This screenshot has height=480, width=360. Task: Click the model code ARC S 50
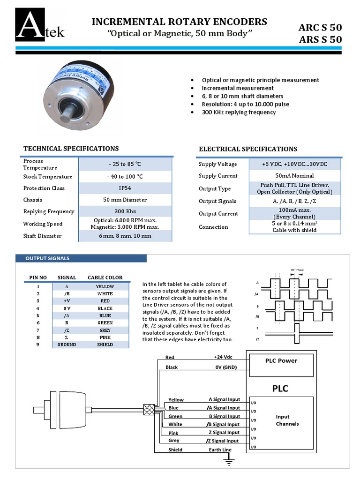(x=320, y=27)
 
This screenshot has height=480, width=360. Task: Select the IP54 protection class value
(x=125, y=188)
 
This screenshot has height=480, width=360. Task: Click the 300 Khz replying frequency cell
(x=125, y=211)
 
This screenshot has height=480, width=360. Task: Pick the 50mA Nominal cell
(x=295, y=176)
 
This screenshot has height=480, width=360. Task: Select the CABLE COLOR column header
(x=105, y=277)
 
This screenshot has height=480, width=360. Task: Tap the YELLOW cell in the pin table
(x=105, y=286)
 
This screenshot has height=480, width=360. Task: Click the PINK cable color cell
(x=105, y=337)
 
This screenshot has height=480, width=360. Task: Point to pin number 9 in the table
(x=38, y=345)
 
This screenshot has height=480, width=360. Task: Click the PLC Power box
(x=281, y=363)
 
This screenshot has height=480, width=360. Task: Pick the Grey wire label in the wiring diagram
(x=174, y=441)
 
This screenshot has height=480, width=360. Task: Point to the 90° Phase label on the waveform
(x=297, y=270)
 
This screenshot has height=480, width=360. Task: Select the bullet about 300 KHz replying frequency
(x=239, y=112)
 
